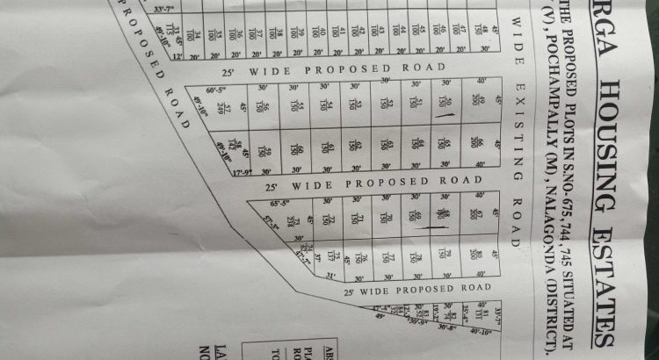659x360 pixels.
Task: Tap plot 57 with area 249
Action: (x=228, y=108)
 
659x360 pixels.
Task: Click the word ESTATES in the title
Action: (x=605, y=290)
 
